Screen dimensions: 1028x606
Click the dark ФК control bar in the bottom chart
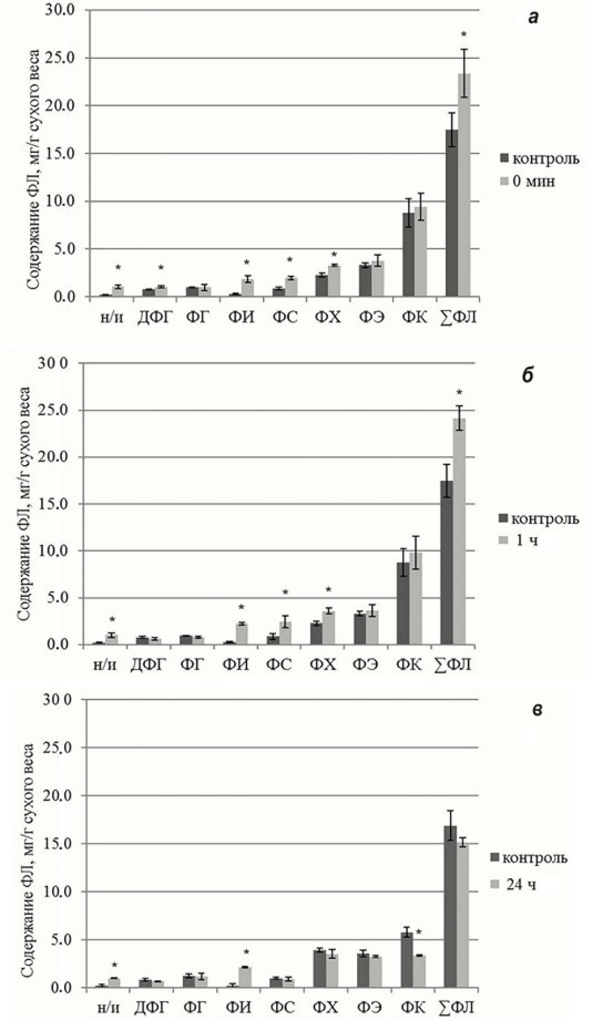point(407,959)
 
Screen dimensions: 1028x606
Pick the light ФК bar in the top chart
point(421,252)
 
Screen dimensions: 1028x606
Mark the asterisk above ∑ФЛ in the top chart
point(463,35)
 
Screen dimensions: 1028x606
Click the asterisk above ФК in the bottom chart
point(419,933)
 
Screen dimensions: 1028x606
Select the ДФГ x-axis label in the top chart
point(154,317)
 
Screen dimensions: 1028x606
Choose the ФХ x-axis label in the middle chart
point(325,664)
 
